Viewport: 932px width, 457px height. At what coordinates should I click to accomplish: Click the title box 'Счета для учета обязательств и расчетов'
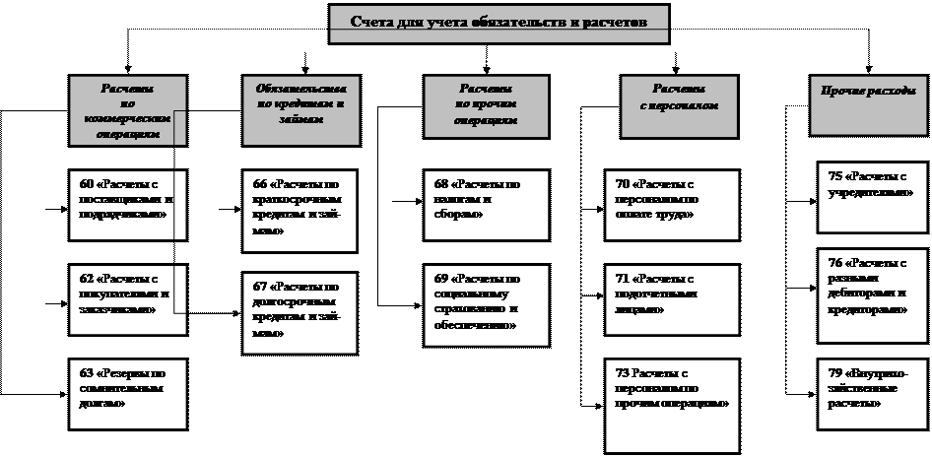[499, 23]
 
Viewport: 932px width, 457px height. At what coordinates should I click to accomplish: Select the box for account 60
[127, 203]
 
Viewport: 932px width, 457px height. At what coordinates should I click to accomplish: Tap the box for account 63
[127, 392]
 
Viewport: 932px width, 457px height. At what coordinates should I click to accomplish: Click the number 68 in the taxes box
[441, 183]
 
